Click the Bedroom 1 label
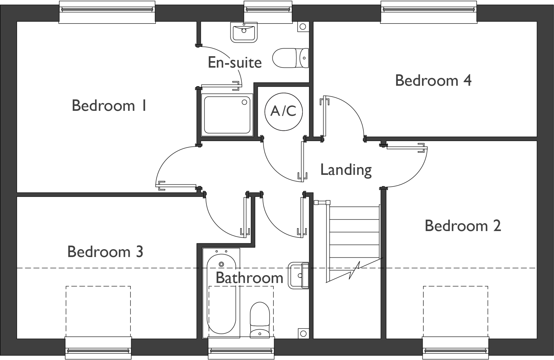109,106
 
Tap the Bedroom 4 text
433,81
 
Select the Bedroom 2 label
463,226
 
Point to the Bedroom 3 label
105,252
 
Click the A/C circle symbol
283,111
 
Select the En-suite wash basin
244,32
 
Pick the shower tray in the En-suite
227,115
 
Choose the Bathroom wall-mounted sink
299,275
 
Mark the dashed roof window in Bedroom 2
456,311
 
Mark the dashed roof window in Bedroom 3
98,311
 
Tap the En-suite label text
235,63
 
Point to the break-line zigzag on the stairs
355,270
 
